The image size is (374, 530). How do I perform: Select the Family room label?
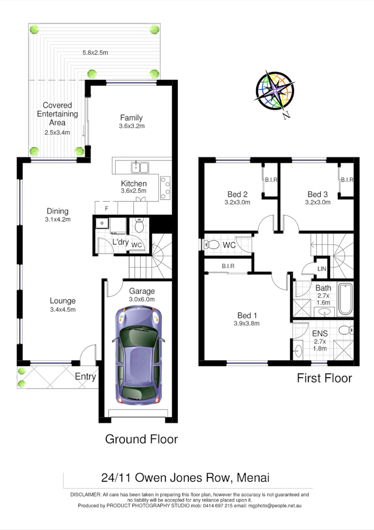click(x=132, y=117)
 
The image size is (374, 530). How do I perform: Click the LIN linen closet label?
click(x=322, y=269)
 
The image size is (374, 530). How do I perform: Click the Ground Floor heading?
click(x=141, y=439)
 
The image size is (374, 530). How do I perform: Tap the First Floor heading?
click(x=324, y=378)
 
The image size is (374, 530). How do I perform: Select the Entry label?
click(x=85, y=376)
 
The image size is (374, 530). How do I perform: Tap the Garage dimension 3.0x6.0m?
click(x=142, y=299)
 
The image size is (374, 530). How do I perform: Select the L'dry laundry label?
click(x=120, y=242)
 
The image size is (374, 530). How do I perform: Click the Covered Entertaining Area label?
click(x=57, y=114)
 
